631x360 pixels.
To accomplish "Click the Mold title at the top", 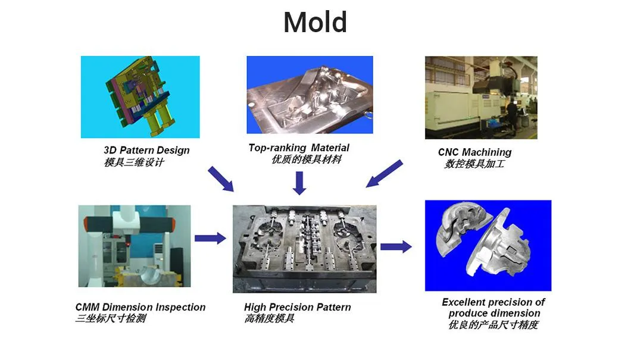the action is click(x=315, y=22).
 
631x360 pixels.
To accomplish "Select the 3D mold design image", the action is click(x=140, y=97).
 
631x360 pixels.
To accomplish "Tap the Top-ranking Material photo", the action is click(x=310, y=95).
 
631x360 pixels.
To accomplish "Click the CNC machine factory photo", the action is click(x=481, y=98).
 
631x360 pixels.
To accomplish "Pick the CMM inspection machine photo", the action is click(x=135, y=246).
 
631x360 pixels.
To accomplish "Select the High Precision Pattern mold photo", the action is click(x=305, y=249).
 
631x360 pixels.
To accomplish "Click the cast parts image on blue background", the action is click(x=488, y=245).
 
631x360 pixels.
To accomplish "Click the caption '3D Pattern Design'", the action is click(x=146, y=151).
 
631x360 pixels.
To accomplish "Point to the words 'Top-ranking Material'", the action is click(x=299, y=148).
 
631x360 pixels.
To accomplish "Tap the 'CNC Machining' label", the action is click(x=474, y=152).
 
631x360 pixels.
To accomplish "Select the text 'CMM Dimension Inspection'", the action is click(x=140, y=307).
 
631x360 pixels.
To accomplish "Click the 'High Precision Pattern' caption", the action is click(x=298, y=307).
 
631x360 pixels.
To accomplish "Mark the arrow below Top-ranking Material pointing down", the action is click(x=299, y=183).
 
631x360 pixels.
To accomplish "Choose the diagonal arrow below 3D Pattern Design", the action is click(x=221, y=179).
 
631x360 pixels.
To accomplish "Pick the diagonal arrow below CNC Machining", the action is click(x=384, y=173).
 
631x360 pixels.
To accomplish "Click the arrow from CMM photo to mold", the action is click(x=211, y=238).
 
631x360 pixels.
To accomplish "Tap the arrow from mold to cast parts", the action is click(x=396, y=246).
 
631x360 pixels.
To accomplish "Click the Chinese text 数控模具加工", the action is click(x=474, y=164).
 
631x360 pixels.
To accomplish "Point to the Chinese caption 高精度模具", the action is click(x=269, y=318).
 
